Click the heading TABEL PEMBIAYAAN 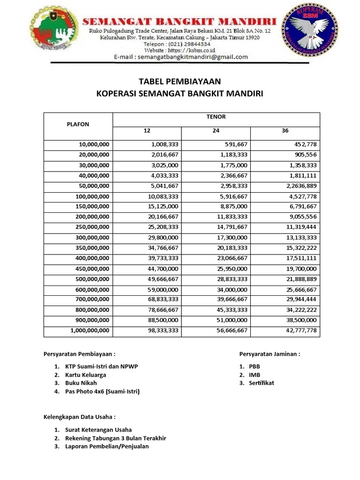pos(180,81)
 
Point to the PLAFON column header pos(78,124)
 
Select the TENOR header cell pos(216,117)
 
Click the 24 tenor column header pos(216,131)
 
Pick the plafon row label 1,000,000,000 pos(90,330)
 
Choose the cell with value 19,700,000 pos(299,269)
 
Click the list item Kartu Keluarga pos(86,375)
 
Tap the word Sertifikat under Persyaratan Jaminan pos(261,383)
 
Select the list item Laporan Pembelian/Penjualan pos(107,446)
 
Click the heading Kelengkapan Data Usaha pos(79,416)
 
